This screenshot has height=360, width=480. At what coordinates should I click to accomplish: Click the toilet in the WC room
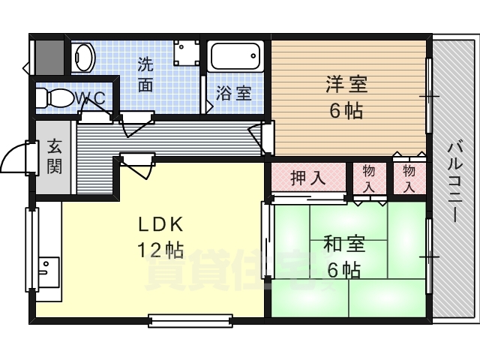pos(54,97)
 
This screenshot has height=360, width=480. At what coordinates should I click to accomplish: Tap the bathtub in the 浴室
pos(235,56)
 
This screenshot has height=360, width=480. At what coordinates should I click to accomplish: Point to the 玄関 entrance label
pos(54,156)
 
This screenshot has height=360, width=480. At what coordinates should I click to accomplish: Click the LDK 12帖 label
pos(159,237)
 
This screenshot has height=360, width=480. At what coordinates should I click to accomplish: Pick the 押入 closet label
pos(307,178)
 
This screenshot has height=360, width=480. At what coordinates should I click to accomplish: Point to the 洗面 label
pos(146,74)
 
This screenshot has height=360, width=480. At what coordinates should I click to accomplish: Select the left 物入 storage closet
pos(369,178)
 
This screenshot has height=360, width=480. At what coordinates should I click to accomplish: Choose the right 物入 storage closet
pos(409,178)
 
